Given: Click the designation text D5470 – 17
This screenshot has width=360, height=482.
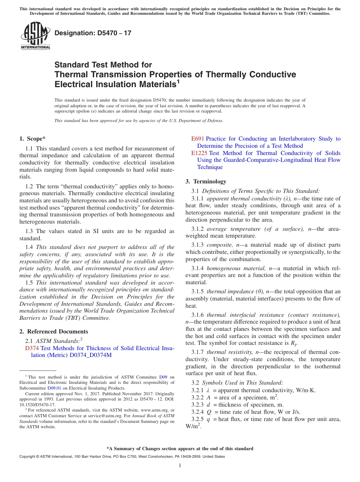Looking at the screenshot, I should click(93, 33).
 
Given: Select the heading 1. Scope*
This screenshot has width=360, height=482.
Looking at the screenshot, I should click(33, 139).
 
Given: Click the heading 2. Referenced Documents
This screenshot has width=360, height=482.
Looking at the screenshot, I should click(53, 332).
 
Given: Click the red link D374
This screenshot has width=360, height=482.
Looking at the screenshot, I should click(32, 348).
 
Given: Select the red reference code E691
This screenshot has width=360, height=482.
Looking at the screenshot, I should click(198, 139).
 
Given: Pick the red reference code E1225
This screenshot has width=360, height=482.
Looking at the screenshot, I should click(199, 153).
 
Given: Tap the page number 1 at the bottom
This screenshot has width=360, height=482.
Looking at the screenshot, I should click(180, 466).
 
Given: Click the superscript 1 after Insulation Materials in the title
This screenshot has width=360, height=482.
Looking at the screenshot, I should click(178, 81).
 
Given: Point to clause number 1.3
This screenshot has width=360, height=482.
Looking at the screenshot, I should click(30, 231).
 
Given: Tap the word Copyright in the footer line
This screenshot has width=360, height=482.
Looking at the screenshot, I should click(28, 457).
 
